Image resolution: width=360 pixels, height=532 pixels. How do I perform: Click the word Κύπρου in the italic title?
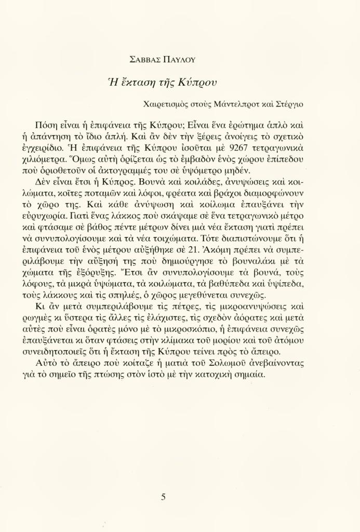pos(198,83)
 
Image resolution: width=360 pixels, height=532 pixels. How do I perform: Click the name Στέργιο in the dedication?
pos(288,104)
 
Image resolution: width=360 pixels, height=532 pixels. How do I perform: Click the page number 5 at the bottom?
pos(163,497)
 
